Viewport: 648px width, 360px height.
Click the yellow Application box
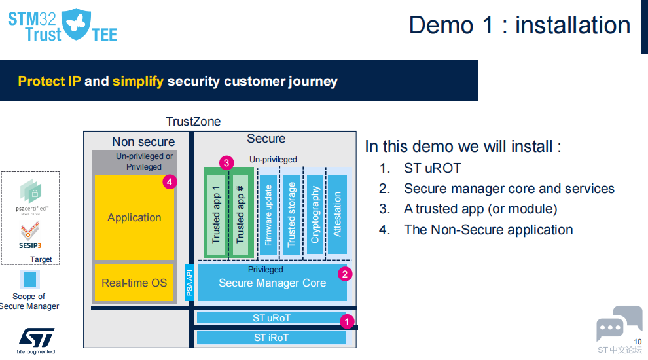point(134,217)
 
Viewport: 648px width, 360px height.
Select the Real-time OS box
point(134,283)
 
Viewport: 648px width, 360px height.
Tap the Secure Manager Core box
point(272,283)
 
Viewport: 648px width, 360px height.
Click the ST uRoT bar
point(271,318)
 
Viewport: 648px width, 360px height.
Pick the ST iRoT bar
point(271,338)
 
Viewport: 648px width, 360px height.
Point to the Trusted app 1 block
point(216,215)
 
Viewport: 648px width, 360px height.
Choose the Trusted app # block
point(240,215)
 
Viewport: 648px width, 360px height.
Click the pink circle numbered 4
point(170,183)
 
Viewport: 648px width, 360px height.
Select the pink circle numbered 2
point(344,274)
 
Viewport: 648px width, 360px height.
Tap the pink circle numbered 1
point(348,321)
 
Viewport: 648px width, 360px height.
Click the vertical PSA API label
point(190,283)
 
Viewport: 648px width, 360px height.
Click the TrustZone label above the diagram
point(193,122)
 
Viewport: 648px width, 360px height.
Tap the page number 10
point(638,340)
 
